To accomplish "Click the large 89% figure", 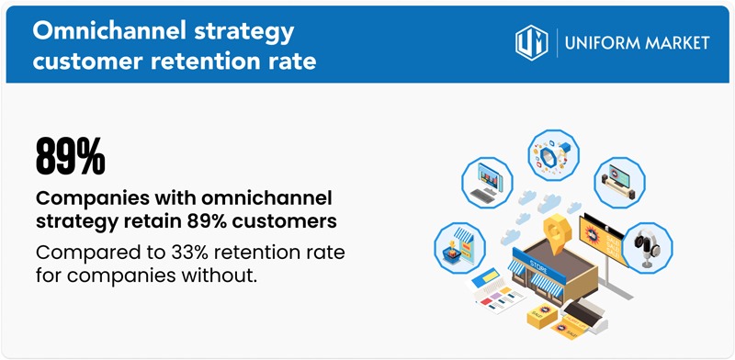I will click(70, 157).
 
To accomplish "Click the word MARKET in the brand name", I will click(677, 43).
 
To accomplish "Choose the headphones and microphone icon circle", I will click(649, 245).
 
